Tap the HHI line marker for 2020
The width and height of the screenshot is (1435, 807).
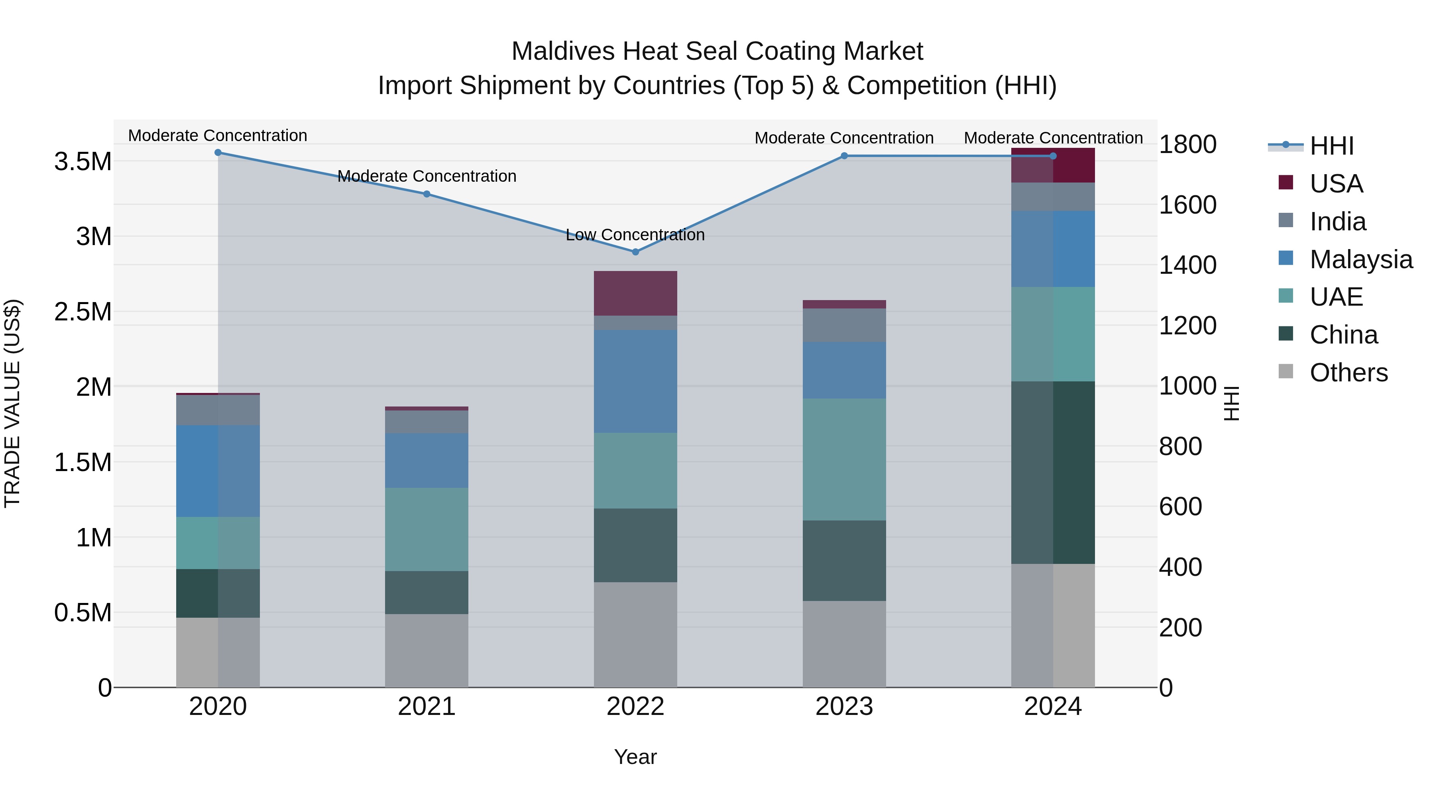point(218,153)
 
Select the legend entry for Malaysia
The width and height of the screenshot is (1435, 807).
point(1360,259)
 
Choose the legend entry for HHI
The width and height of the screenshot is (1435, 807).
point(1331,146)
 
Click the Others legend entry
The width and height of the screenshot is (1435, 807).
point(1348,373)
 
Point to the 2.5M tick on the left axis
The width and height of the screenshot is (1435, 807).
point(83,312)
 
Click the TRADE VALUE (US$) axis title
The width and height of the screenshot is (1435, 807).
point(12,403)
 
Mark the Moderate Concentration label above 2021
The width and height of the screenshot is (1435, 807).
point(427,176)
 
